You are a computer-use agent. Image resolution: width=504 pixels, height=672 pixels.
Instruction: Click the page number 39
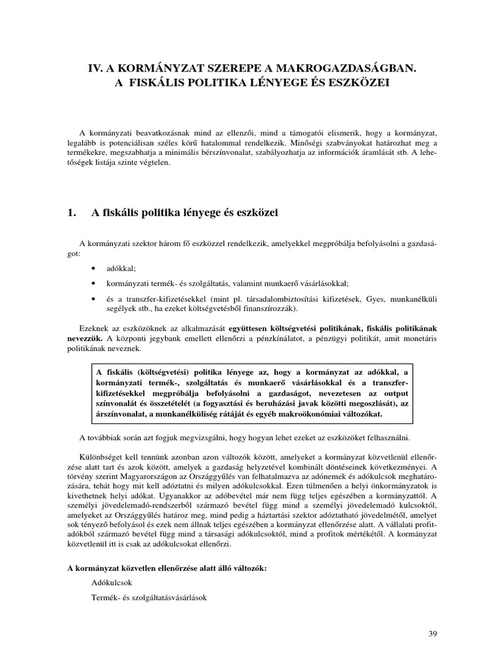(x=431, y=633)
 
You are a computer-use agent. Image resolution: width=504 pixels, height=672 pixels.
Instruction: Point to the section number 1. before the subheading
(x=73, y=212)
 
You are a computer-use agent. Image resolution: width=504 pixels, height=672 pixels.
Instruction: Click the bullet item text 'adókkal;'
(x=121, y=269)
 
